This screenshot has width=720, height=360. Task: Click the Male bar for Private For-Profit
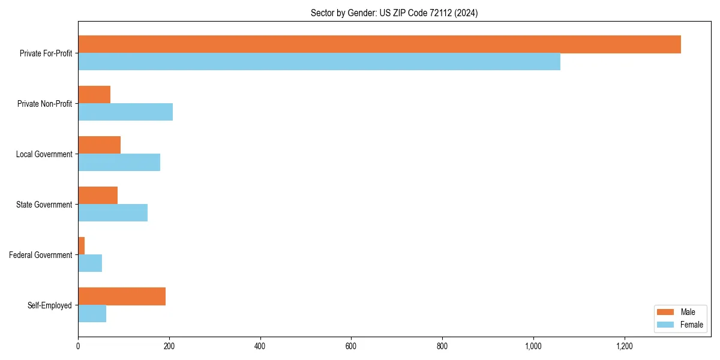379,44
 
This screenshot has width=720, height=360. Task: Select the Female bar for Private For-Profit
319,62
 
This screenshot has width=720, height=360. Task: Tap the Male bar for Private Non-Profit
94,95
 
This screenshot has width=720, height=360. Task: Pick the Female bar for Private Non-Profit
125,112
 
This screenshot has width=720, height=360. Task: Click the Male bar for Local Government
99,145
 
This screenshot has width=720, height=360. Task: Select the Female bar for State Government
113,213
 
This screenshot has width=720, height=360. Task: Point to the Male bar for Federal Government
82,246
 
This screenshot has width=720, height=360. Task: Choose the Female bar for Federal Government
90,263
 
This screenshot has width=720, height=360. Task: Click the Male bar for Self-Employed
122,296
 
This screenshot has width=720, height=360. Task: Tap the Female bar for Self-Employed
92,314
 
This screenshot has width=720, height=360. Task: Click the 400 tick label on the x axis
260,346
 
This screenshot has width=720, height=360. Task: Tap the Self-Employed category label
50,305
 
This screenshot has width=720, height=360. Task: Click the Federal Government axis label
41,255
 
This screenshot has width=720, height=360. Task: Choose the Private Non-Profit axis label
46,104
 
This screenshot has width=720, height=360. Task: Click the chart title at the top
394,13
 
